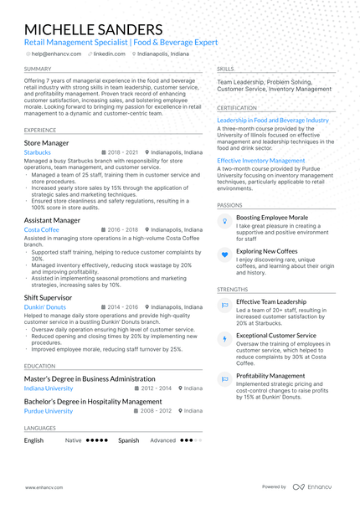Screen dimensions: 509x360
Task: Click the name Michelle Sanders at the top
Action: coord(94,29)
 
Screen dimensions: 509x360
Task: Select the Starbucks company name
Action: coord(38,153)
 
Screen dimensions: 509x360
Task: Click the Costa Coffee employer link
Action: coord(42,229)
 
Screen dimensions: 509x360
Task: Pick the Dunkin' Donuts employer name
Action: coord(45,307)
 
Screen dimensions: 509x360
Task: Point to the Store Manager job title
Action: coord(47,143)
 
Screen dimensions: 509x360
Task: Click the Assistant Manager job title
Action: coord(53,220)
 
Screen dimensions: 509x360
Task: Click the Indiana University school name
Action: coord(49,388)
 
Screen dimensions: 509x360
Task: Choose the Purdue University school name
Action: coord(49,411)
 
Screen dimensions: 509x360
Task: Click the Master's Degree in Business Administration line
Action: coord(90,378)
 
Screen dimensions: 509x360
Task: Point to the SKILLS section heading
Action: coord(225,69)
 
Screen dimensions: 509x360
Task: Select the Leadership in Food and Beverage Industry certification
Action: coord(273,120)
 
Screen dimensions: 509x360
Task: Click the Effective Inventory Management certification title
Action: coord(261,160)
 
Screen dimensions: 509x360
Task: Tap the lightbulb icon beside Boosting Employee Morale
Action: coord(224,220)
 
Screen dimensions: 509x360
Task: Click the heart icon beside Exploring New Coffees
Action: coord(224,254)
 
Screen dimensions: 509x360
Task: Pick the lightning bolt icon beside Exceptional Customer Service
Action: coord(224,339)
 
